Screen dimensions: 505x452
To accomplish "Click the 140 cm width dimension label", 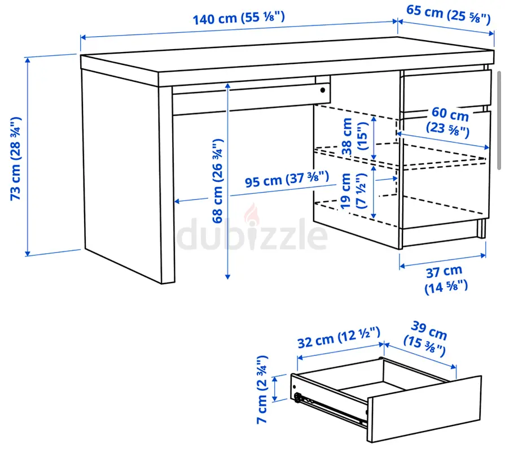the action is click(x=239, y=18).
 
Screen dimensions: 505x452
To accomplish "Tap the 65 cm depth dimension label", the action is click(x=449, y=14).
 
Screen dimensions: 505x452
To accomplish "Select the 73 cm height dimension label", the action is click(x=16, y=159).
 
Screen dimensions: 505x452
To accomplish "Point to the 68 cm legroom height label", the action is click(x=218, y=181).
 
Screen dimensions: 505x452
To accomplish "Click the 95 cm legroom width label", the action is click(x=287, y=179).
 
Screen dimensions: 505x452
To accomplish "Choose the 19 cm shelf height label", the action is click(x=354, y=191).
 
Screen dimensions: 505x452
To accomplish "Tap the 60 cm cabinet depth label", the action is click(x=449, y=122).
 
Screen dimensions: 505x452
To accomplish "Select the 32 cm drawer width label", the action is click(x=339, y=338).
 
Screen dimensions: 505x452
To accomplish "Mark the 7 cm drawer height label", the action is click(x=262, y=389).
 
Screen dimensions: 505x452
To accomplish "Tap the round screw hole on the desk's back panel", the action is click(x=323, y=90).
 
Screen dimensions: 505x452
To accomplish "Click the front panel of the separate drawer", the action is click(x=424, y=409).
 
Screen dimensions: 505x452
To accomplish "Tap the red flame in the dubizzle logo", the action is click(x=252, y=213).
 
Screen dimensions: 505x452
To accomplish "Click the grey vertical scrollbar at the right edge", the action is click(x=499, y=120).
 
